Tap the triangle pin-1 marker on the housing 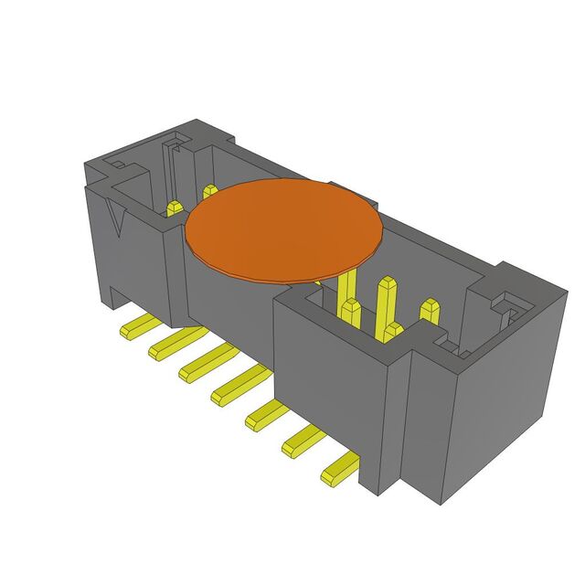116,220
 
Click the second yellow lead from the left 170,342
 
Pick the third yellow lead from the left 203,363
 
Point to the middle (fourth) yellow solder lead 235,388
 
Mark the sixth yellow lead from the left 303,443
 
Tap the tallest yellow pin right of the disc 383,306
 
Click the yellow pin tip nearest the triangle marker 172,208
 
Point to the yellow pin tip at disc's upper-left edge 209,191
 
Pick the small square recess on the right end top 504,300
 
